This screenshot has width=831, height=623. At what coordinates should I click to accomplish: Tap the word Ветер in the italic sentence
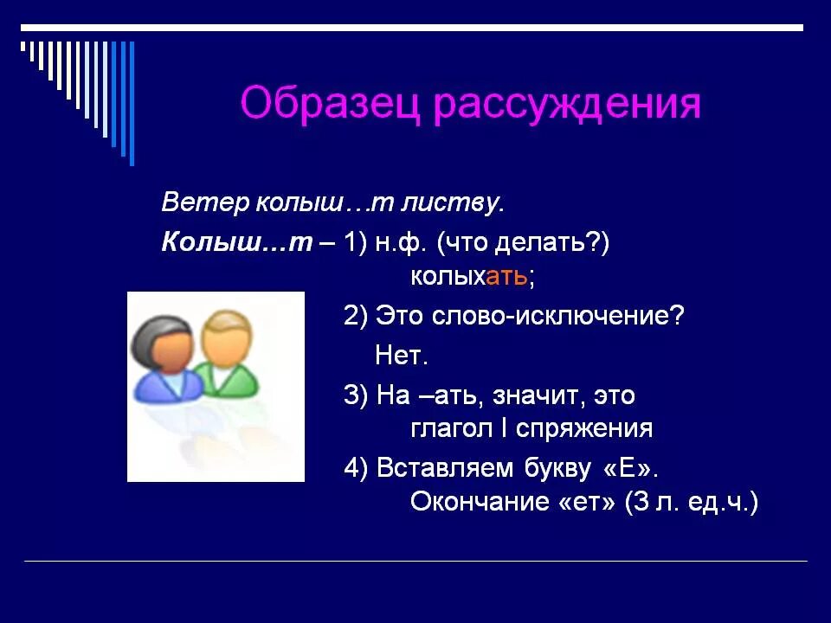[x=204, y=204]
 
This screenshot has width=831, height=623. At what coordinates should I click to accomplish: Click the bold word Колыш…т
[x=235, y=243]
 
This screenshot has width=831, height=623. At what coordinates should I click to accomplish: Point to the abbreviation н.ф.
[x=401, y=243]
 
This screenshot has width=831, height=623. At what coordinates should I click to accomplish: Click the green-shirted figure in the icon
[x=227, y=355]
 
